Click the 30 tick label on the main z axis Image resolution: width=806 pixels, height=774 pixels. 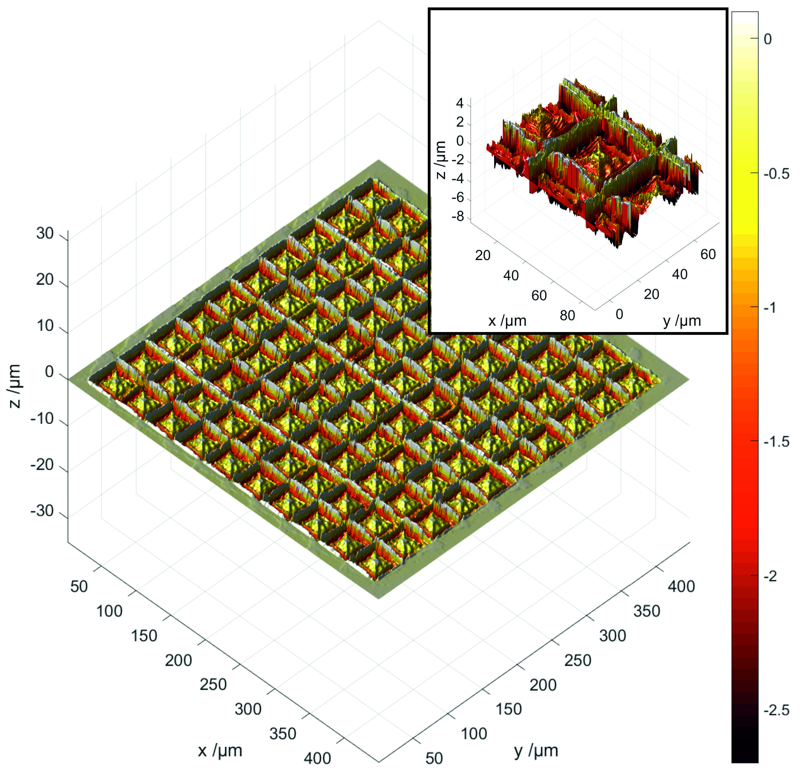point(45,233)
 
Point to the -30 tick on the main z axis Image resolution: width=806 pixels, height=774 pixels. point(42,511)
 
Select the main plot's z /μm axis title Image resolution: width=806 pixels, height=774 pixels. point(15,385)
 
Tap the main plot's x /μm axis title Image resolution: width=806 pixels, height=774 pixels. point(220,751)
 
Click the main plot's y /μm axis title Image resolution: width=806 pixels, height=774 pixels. point(536,751)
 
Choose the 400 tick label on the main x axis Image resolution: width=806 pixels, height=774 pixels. point(317,758)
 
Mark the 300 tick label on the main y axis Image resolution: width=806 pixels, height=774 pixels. point(613,636)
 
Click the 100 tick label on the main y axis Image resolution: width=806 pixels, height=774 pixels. point(474,734)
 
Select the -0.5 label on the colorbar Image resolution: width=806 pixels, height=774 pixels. point(776,173)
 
